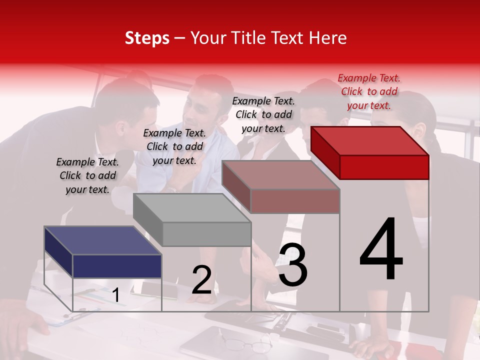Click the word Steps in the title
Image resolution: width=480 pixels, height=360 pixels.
[147, 38]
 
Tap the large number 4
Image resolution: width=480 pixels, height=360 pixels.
[381, 249]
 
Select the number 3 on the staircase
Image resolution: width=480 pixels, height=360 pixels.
[292, 265]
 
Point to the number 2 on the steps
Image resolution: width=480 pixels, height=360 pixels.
[201, 280]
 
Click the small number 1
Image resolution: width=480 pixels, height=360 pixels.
[116, 295]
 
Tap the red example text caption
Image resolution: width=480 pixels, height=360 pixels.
[369, 91]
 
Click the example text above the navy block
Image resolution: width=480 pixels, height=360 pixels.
[87, 175]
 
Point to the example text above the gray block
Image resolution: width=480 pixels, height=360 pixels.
[174, 146]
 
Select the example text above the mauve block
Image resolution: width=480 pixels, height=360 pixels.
[263, 114]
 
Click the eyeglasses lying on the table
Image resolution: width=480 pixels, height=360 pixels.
[247, 344]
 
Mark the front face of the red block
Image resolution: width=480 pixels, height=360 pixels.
[384, 167]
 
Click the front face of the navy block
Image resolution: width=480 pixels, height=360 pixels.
[117, 266]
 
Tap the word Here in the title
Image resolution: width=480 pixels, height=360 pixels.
[328, 38]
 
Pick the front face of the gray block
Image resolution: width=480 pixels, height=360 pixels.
[206, 234]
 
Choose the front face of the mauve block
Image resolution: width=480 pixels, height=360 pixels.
[295, 201]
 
